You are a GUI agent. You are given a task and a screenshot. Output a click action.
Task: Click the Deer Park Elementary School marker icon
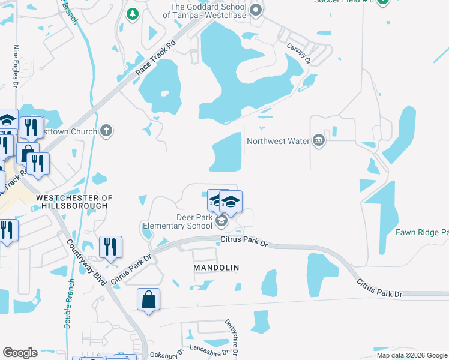221,222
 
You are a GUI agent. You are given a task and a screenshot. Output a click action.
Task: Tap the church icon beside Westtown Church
106,131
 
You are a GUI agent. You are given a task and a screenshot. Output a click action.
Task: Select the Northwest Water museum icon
318,141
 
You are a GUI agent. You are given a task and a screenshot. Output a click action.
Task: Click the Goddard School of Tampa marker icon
256,10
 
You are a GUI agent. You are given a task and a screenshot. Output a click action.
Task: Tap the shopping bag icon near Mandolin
148,299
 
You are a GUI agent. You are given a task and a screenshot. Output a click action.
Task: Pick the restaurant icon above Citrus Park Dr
110,246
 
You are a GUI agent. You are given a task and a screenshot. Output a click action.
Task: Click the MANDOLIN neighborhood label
216,267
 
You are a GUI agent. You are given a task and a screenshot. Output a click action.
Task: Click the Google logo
20,353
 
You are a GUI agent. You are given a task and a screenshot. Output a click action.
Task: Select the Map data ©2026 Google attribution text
411,355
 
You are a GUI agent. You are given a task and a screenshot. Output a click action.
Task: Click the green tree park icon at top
132,13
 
